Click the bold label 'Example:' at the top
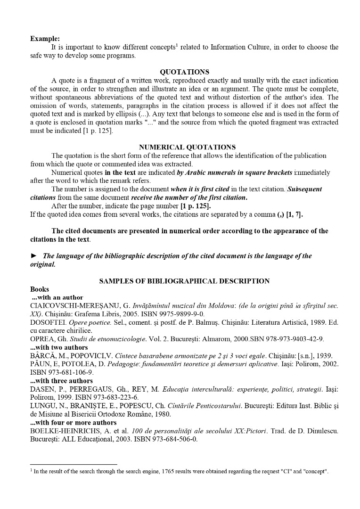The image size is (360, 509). tap(45, 39)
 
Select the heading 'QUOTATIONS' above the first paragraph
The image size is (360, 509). tap(184, 72)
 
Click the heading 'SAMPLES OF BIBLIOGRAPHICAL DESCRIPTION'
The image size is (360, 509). tap(184, 281)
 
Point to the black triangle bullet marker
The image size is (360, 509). tap(33, 256)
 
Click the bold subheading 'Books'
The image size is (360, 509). tap(40, 289)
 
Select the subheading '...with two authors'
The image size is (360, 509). tap(57, 347)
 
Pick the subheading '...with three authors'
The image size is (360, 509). tap(61, 381)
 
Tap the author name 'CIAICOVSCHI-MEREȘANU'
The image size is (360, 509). tap(73, 306)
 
